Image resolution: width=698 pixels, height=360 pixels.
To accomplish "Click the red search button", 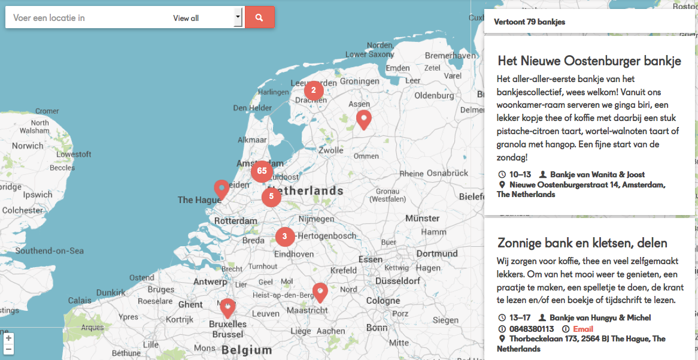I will click(x=259, y=17).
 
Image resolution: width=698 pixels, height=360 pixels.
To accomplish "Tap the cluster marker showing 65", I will click(x=262, y=171).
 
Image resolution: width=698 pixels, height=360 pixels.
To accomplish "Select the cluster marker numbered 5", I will click(x=271, y=196).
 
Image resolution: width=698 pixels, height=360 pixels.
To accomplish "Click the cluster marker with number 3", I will click(x=284, y=237).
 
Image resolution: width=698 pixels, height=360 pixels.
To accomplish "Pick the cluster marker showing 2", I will click(x=314, y=91).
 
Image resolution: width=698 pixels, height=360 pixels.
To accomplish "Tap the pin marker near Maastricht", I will click(x=320, y=292).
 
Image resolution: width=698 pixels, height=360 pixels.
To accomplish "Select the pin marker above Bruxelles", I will click(x=227, y=308).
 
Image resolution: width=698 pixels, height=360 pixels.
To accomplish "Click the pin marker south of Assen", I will click(x=363, y=119).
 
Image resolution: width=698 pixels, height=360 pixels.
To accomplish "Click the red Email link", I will click(x=583, y=329).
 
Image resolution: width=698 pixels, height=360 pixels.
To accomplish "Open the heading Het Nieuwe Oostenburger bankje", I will click(x=589, y=61).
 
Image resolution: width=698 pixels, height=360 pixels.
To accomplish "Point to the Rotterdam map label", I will click(x=235, y=221).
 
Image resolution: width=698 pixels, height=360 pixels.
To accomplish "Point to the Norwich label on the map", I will click(x=28, y=146).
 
